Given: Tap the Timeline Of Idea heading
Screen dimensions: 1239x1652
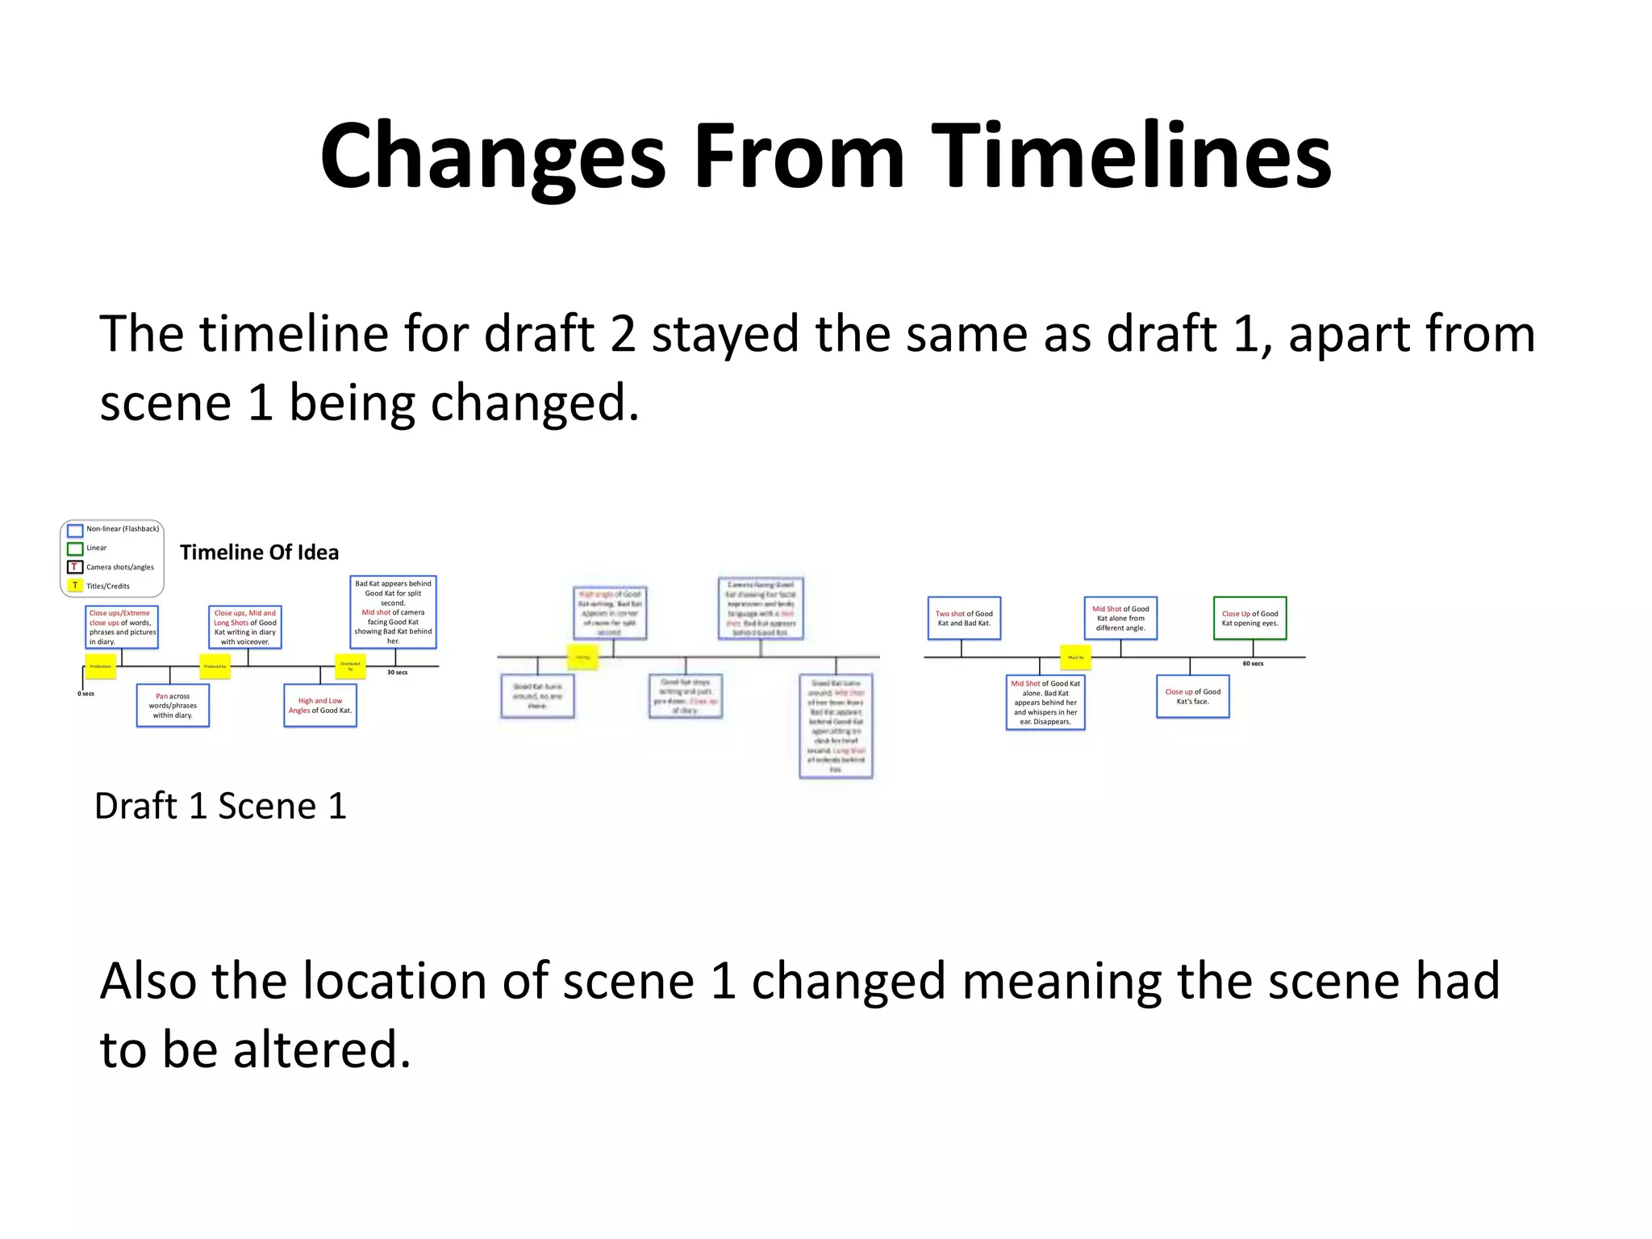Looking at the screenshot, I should pyautogui.click(x=259, y=553).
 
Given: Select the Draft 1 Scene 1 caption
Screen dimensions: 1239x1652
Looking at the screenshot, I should pyautogui.click(x=220, y=806).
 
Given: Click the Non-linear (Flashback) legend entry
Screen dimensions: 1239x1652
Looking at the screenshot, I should pyautogui.click(x=122, y=529).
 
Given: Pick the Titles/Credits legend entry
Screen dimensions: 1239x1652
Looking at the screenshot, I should pyautogui.click(x=107, y=586).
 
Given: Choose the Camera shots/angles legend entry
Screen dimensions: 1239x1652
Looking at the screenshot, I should pyautogui.click(x=119, y=567).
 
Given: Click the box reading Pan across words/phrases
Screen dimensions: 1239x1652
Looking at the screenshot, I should pyautogui.click(x=173, y=706).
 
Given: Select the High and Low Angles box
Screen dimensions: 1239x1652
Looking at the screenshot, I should pyautogui.click(x=320, y=706).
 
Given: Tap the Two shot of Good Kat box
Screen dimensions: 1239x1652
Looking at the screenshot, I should pyautogui.click(x=964, y=619).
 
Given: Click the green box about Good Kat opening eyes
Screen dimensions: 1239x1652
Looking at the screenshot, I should pyautogui.click(x=1249, y=619).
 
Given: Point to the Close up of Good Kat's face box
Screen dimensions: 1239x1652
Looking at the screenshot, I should pyautogui.click(x=1192, y=697).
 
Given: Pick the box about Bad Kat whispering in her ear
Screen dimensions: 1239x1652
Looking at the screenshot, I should pyautogui.click(x=1045, y=703).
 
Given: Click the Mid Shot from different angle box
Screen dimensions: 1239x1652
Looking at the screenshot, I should pyautogui.click(x=1120, y=619).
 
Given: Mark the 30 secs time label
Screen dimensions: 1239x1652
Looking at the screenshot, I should pyautogui.click(x=397, y=673).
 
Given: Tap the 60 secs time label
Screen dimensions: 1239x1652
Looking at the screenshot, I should pyautogui.click(x=1253, y=664).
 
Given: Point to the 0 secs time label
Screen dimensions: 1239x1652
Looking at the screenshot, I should pyautogui.click(x=86, y=694).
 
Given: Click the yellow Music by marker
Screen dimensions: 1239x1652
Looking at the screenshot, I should pyautogui.click(x=1075, y=657).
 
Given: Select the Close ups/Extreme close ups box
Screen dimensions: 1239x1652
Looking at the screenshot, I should pyautogui.click(x=122, y=628).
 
